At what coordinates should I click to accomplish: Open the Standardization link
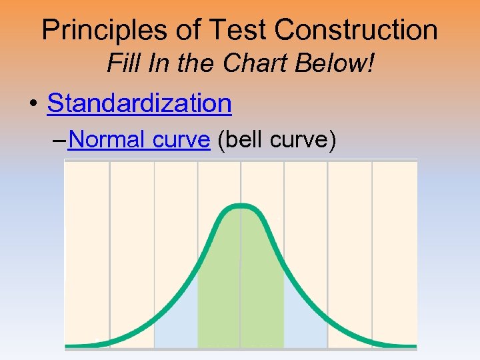(x=139, y=103)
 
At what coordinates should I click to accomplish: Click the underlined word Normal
(x=107, y=140)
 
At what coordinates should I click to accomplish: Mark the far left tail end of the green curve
(x=69, y=345)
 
